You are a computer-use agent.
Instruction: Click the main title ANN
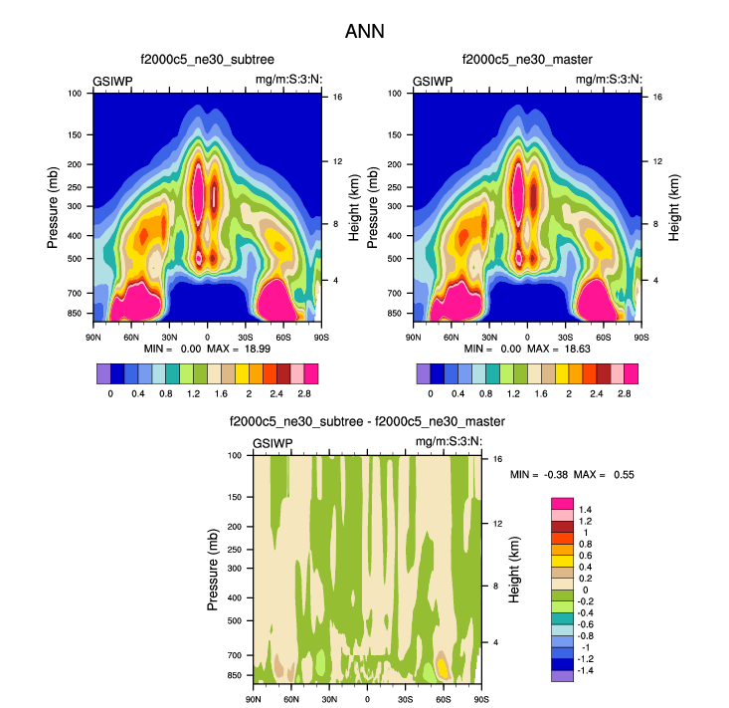click(364, 31)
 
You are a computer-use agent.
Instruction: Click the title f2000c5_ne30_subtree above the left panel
click(207, 61)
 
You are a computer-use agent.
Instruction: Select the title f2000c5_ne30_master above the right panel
click(527, 61)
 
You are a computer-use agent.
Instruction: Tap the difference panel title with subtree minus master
click(367, 422)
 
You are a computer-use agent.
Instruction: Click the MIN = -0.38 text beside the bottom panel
click(543, 475)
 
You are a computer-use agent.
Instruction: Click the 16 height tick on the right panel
click(657, 97)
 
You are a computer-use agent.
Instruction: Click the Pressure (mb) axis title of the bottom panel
click(214, 569)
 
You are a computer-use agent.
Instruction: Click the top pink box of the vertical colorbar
click(563, 503)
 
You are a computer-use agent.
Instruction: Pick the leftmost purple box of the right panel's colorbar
click(424, 374)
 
